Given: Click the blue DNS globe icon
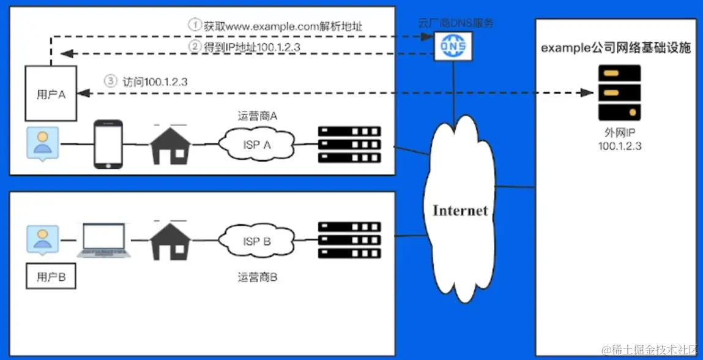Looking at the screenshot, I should (451, 47).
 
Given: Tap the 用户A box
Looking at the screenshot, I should (51, 94).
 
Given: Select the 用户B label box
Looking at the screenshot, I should (51, 277).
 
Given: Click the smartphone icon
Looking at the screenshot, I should (108, 144).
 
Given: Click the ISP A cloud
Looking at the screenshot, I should (257, 144).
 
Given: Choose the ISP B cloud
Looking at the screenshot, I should (257, 241).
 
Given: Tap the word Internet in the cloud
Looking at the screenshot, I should (460, 211).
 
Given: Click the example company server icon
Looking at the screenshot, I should (619, 92).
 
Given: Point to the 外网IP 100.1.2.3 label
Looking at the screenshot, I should (619, 139).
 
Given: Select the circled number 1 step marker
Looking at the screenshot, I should (194, 25).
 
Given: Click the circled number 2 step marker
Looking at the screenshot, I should (194, 47).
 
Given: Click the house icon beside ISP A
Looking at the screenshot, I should (169, 144).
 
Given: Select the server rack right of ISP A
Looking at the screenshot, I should (349, 144).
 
